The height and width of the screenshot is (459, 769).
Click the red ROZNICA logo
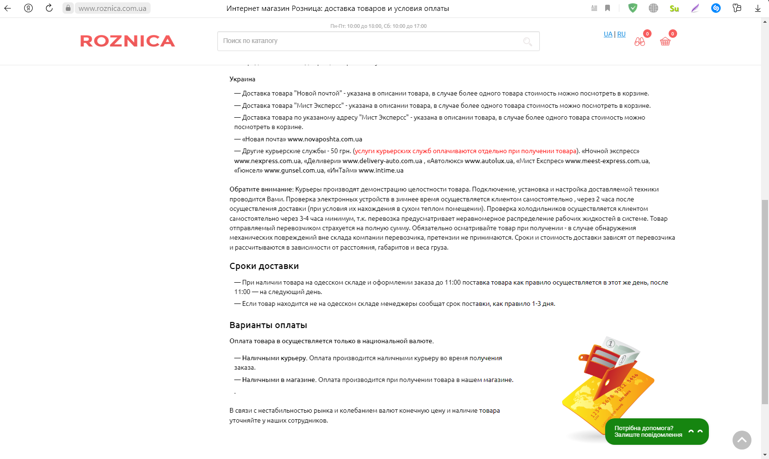tap(127, 41)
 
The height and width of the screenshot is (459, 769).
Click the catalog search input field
tap(369, 41)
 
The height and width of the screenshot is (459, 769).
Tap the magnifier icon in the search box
tap(528, 42)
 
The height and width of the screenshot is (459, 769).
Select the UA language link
tap(608, 34)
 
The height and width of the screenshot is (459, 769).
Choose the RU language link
tap(621, 34)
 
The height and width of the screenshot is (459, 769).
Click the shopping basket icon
tap(665, 41)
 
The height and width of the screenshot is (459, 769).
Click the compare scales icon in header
tap(640, 42)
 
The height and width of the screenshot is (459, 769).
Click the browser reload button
tap(49, 8)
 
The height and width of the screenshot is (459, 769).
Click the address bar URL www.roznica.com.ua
tap(112, 9)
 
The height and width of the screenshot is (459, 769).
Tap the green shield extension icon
tap(633, 8)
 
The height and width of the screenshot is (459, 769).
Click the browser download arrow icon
tap(758, 8)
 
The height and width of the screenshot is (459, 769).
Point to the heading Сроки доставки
tap(264, 266)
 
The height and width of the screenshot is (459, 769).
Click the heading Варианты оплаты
tap(268, 325)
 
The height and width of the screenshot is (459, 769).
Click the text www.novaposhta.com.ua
tap(325, 139)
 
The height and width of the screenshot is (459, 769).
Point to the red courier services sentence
tap(465, 151)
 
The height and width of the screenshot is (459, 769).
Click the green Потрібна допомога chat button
tap(656, 432)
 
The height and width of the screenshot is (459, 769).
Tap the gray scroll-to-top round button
tap(742, 440)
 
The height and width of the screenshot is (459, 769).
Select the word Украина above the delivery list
tap(242, 79)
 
